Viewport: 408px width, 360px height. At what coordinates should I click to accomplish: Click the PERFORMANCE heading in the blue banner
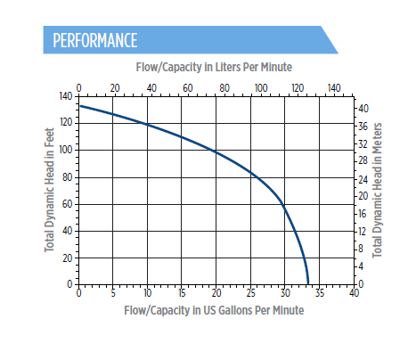(x=95, y=40)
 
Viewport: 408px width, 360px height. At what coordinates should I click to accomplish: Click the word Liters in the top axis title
(x=228, y=67)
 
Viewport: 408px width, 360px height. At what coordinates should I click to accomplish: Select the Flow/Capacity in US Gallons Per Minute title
(x=214, y=311)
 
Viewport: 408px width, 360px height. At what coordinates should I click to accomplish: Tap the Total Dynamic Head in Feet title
(x=50, y=190)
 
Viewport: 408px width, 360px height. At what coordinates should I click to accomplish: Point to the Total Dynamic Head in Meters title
(x=377, y=191)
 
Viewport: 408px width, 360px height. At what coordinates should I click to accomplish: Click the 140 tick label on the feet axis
(x=66, y=96)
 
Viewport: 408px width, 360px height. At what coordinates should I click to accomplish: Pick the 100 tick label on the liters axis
(x=261, y=88)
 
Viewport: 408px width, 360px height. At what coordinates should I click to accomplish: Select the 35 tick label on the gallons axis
(x=320, y=293)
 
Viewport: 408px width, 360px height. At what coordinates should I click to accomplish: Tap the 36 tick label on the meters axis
(x=363, y=127)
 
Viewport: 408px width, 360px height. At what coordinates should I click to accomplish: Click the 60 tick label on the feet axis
(x=68, y=204)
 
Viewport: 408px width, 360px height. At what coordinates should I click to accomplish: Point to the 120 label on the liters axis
(x=298, y=88)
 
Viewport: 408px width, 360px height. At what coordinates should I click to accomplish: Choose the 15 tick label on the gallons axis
(x=182, y=293)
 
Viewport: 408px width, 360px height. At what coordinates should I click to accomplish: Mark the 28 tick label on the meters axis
(x=363, y=160)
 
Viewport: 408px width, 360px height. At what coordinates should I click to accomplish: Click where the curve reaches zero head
(x=308, y=284)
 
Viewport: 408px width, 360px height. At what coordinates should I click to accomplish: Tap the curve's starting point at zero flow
(x=80, y=106)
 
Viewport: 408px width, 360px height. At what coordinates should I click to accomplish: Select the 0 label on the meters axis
(x=361, y=284)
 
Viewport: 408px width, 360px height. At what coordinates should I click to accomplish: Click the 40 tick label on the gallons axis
(x=354, y=293)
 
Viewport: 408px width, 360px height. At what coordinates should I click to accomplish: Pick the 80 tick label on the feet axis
(x=68, y=177)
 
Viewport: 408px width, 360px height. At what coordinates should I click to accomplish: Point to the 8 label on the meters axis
(x=361, y=249)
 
